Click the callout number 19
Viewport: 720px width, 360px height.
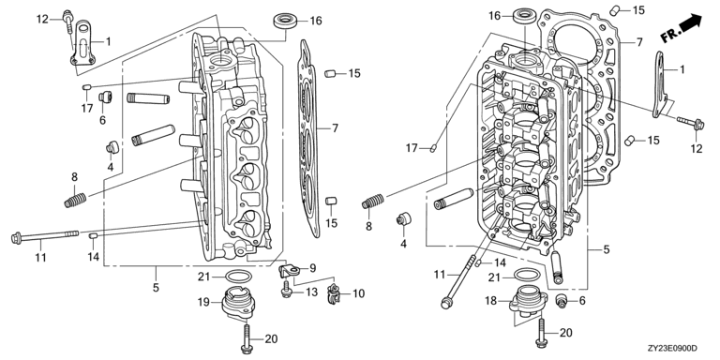(203, 302)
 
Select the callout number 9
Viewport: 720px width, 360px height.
(312, 267)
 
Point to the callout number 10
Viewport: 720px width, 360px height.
(359, 292)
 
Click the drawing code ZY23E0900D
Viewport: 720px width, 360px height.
(674, 348)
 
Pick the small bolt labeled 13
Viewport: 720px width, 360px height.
(286, 290)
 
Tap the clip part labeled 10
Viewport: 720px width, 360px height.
(334, 293)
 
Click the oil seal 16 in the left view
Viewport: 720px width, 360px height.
(285, 22)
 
